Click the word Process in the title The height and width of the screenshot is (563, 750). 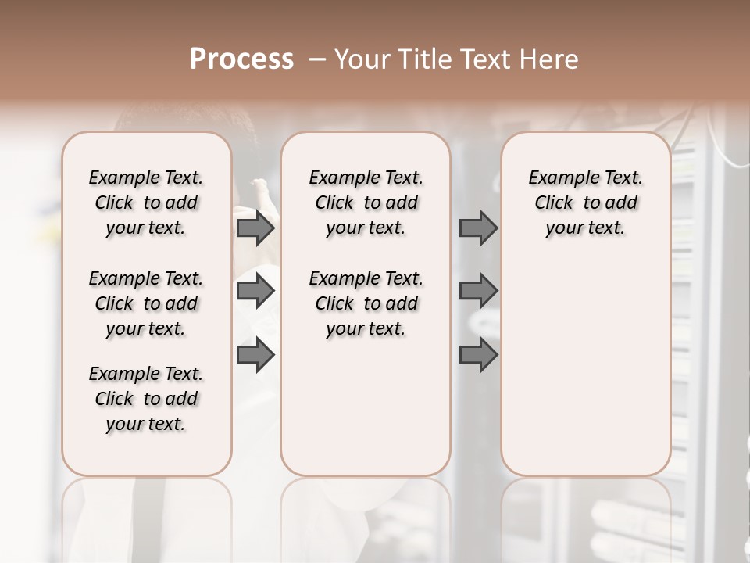[241, 59]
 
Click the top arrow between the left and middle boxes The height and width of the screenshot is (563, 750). [255, 228]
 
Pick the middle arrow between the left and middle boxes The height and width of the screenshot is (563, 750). [255, 291]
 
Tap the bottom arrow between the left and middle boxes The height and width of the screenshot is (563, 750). [255, 354]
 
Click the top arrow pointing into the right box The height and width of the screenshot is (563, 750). [478, 228]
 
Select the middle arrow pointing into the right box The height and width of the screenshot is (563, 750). [478, 291]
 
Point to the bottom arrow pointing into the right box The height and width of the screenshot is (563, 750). [478, 354]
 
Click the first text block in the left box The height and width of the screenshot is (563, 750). [146, 203]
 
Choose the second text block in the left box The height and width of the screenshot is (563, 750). [146, 303]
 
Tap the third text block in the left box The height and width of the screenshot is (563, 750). [146, 399]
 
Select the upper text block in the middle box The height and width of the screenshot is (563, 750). [366, 203]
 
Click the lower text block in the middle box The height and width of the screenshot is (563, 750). [366, 303]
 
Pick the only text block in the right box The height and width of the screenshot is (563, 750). [585, 203]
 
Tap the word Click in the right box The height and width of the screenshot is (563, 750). [554, 203]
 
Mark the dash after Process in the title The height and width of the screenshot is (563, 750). [317, 59]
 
